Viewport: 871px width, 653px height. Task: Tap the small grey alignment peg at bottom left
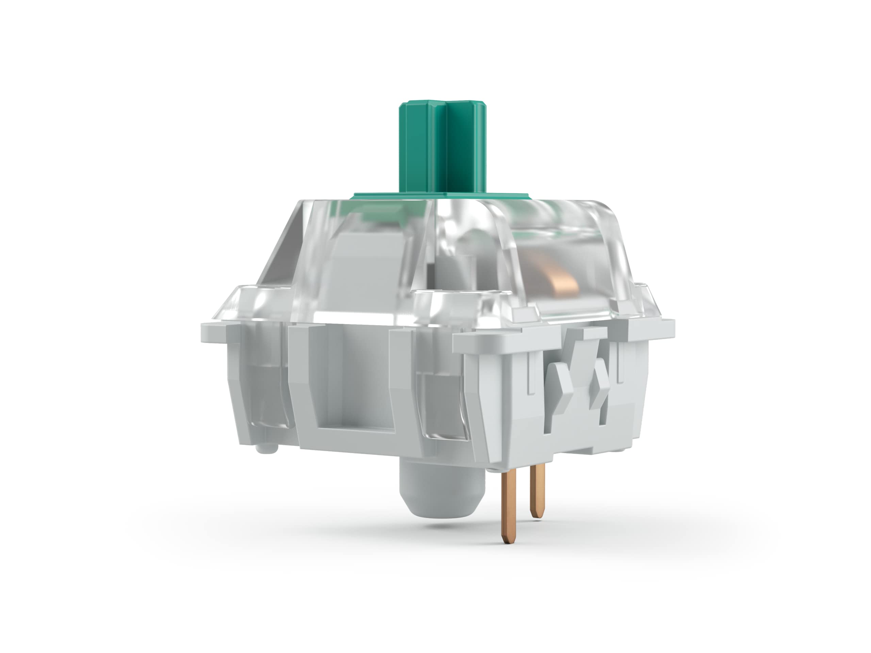(267, 448)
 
